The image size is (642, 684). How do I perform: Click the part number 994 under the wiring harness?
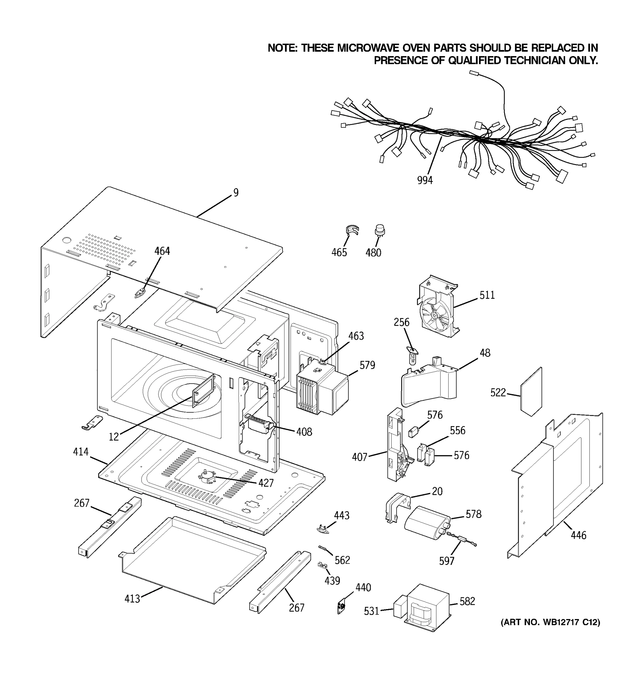click(425, 180)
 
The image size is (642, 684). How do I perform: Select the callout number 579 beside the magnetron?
click(367, 365)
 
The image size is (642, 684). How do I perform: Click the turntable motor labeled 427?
click(206, 478)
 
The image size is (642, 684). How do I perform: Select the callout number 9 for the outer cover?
click(236, 193)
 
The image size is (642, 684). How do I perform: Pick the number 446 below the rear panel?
click(578, 535)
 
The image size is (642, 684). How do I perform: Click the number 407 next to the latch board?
click(360, 457)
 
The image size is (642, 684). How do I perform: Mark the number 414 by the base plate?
click(80, 452)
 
